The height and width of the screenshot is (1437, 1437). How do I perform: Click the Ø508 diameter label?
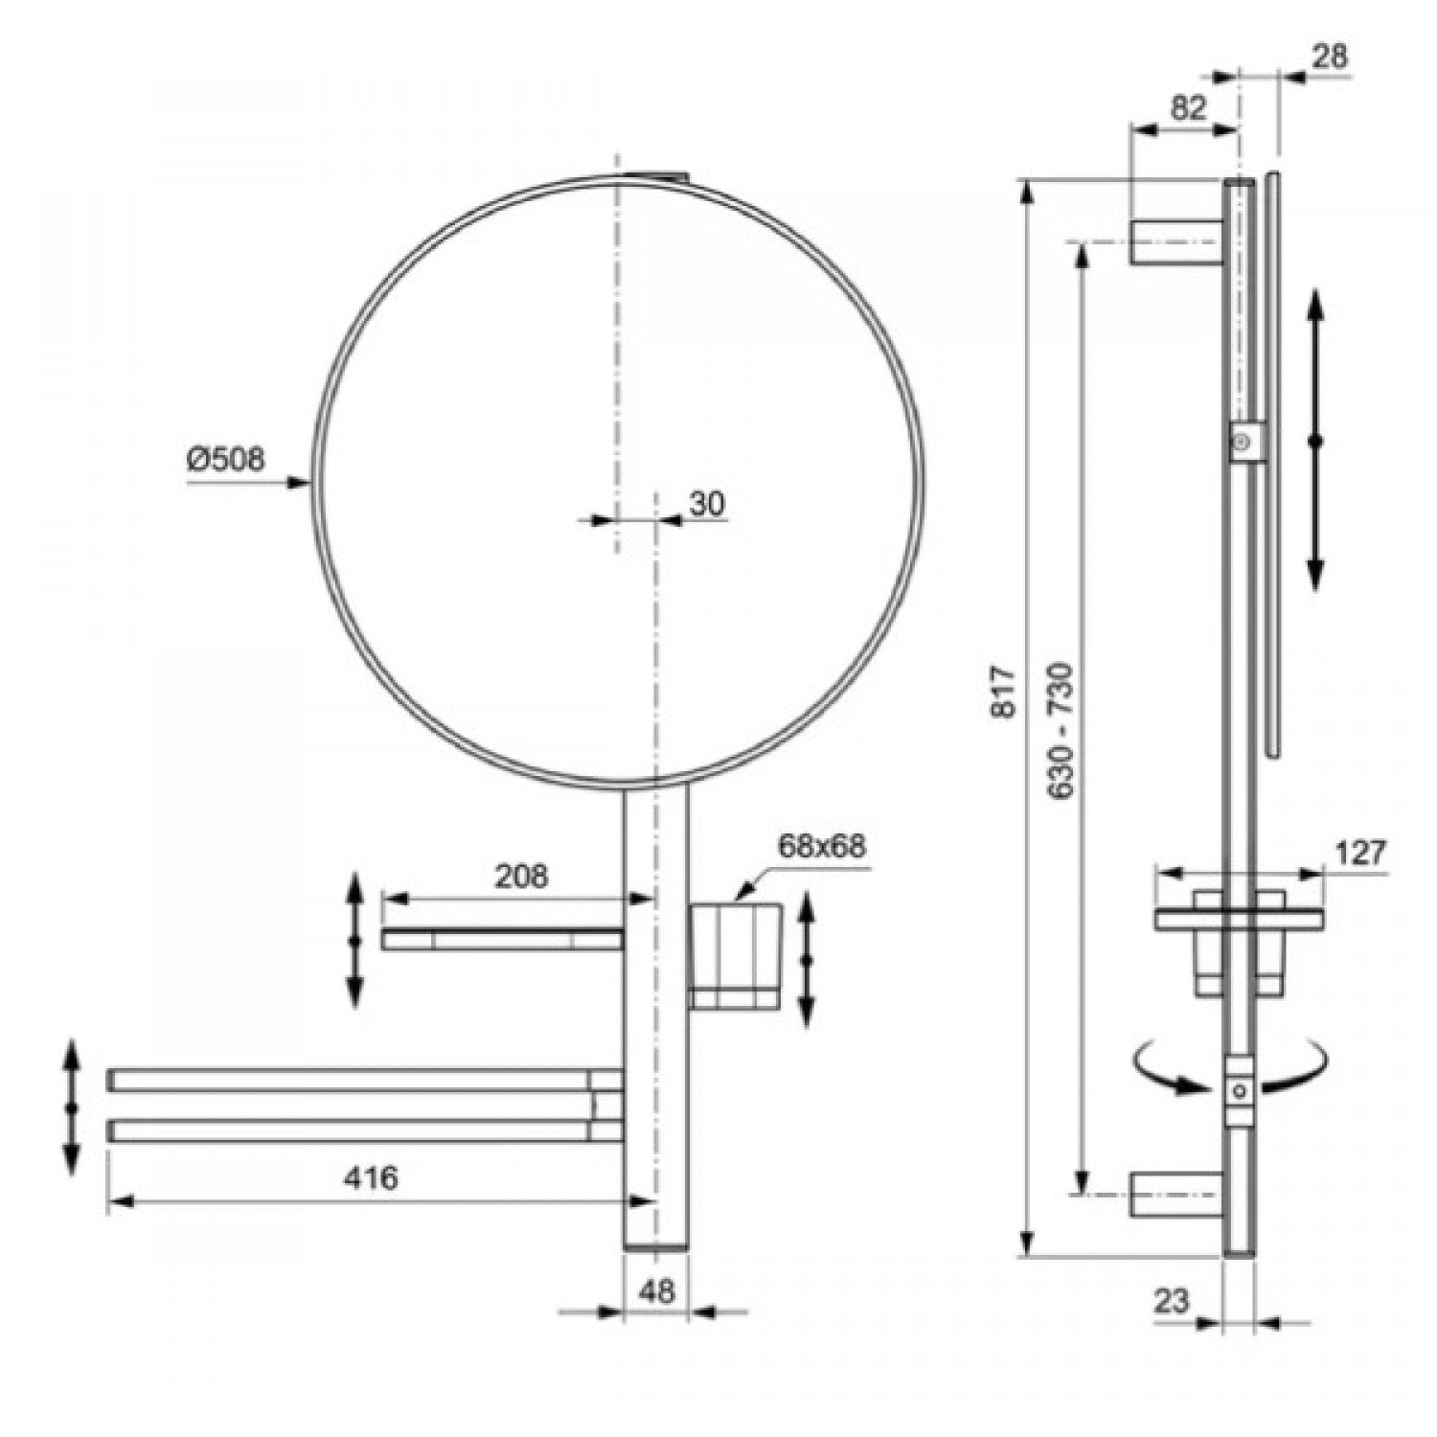[x=225, y=461]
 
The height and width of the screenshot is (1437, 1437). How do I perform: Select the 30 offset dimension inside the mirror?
[x=707, y=503]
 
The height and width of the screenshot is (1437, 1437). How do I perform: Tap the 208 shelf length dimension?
[x=521, y=876]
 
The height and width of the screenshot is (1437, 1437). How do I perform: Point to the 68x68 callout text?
[x=821, y=846]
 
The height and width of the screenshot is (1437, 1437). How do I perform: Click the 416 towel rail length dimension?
[x=371, y=1177]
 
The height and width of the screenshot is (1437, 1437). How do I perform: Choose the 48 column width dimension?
[x=656, y=1291]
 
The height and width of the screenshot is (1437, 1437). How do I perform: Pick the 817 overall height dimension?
[x=1003, y=692]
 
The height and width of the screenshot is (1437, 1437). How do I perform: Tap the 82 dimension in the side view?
[x=1188, y=107]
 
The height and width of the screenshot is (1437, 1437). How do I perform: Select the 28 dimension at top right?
[x=1329, y=57]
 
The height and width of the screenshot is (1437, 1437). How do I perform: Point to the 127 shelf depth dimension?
[x=1359, y=852]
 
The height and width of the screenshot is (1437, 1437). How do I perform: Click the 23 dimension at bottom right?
[x=1171, y=1301]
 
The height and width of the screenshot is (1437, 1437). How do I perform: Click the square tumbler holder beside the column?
[x=736, y=955]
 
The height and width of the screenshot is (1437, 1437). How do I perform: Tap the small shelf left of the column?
[x=503, y=940]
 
